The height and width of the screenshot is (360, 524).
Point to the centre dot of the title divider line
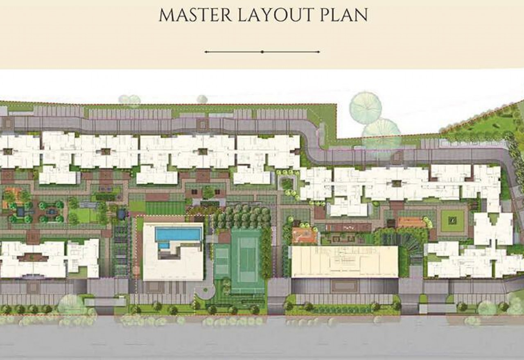pos(262,52)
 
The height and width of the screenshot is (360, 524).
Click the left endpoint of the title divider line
pos(206,52)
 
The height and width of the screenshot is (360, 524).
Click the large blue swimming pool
pos(178,234)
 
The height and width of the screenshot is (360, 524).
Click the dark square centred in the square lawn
pos(452,220)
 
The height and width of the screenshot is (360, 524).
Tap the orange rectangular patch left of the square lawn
pos(412,222)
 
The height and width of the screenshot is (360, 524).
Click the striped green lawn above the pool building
pos(165,208)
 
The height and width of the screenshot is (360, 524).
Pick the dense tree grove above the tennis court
pos(242,217)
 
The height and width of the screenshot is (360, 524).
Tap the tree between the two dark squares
pos(208,192)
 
